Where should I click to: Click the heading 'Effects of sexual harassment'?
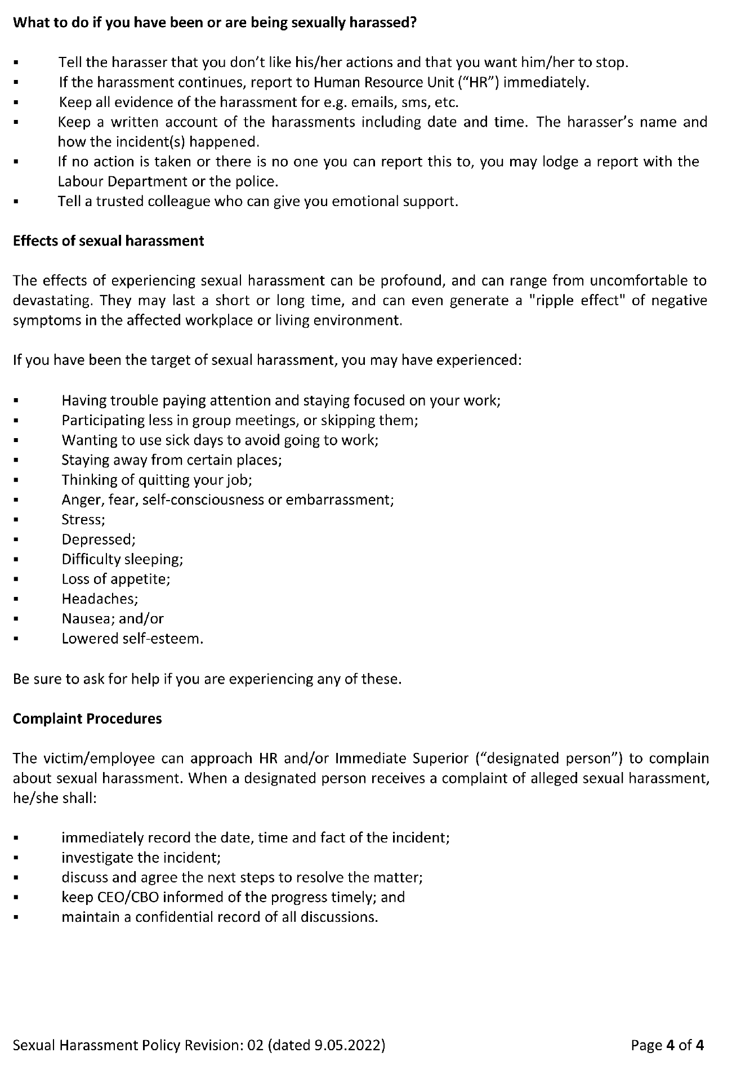[x=108, y=241]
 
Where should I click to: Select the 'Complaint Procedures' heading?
[x=87, y=719]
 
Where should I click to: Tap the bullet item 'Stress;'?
[x=83, y=519]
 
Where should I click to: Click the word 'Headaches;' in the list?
[x=100, y=599]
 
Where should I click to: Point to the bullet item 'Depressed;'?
[x=99, y=539]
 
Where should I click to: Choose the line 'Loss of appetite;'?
[x=115, y=579]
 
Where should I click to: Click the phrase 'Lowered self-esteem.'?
[x=132, y=639]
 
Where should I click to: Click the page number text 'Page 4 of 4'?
[x=667, y=1045]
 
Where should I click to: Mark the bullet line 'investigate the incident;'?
[x=141, y=858]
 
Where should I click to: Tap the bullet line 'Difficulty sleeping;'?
[x=122, y=559]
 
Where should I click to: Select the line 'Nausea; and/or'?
[x=113, y=618]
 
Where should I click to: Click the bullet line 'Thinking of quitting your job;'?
[x=157, y=480]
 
